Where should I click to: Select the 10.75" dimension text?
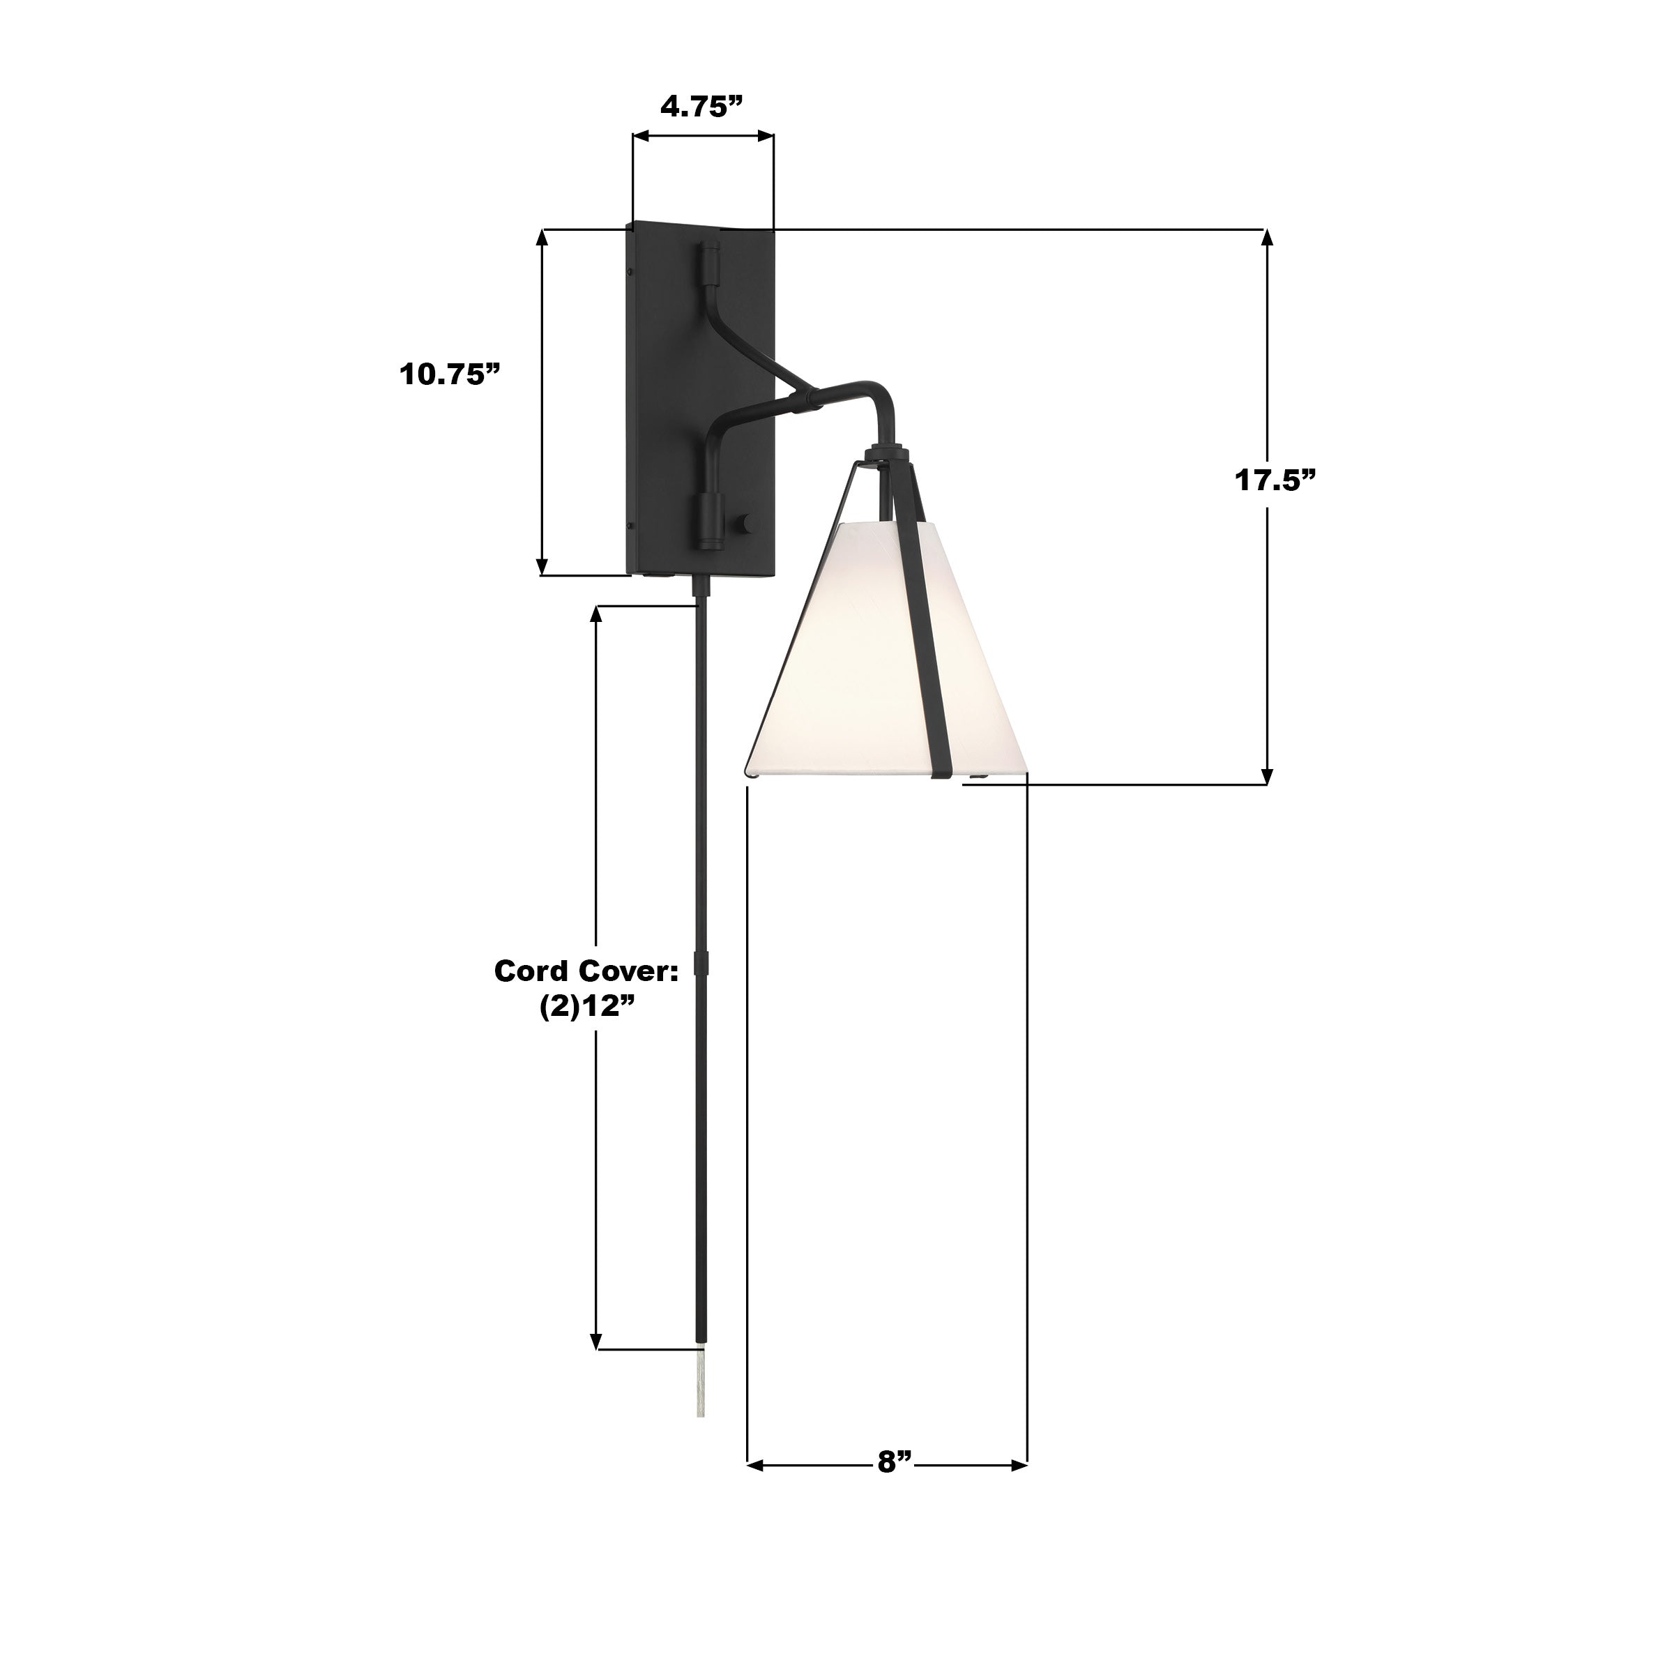[x=449, y=374]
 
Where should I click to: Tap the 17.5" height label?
[x=1275, y=480]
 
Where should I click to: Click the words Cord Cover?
[x=586, y=971]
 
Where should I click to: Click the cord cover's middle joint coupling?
[x=702, y=964]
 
